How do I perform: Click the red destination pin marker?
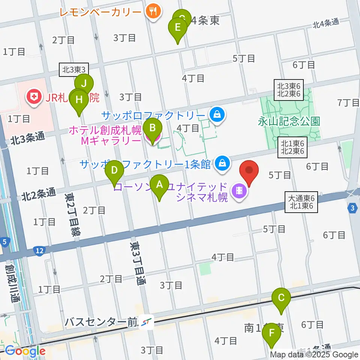point(249,171)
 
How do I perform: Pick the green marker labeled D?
point(114,171)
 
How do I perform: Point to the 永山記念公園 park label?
point(289,121)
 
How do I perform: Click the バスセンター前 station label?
point(101,322)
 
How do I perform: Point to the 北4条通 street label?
point(326,23)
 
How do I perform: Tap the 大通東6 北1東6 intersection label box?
point(301,202)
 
